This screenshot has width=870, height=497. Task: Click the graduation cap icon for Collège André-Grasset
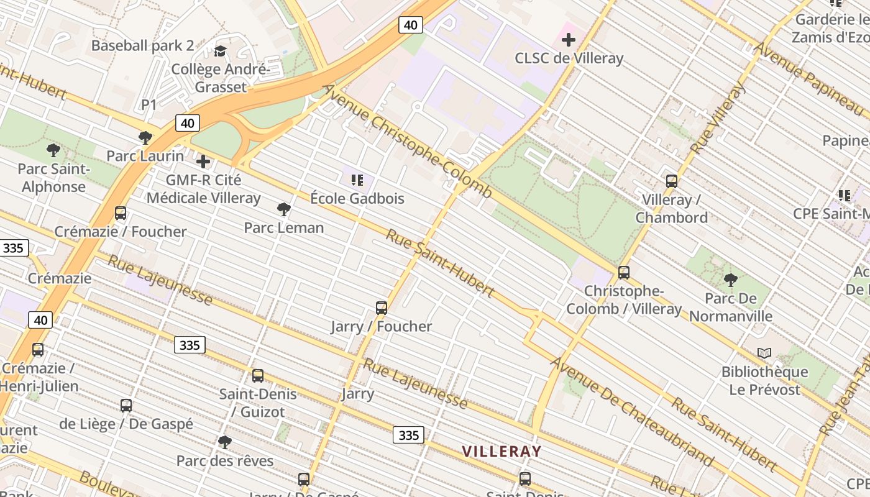coord(220,51)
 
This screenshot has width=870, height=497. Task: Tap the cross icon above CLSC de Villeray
coord(568,40)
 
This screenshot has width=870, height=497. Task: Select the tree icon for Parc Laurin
coord(145,137)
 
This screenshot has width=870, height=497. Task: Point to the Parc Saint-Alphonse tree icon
coord(53,150)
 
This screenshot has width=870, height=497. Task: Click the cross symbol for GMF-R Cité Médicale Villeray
coord(203,162)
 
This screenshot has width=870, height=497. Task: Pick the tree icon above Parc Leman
coord(284,209)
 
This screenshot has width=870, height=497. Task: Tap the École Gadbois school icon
coord(357,180)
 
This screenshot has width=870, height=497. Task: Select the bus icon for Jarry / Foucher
coord(382,308)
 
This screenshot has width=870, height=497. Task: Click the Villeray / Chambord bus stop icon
coord(672,181)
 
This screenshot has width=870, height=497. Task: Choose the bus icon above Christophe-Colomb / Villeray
coord(624,272)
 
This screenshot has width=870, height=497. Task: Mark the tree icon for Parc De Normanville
coord(731,280)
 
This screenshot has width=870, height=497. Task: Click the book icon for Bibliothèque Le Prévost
coord(764,353)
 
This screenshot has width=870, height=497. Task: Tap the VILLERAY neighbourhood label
coord(501,452)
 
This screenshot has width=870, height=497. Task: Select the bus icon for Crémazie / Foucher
coord(121,213)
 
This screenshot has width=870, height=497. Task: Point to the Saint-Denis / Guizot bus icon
coord(258,375)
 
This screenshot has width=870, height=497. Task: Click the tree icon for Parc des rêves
coord(225,442)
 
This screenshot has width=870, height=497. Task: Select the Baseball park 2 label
coord(142,45)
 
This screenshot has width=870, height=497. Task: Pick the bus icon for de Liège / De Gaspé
coord(126,405)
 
